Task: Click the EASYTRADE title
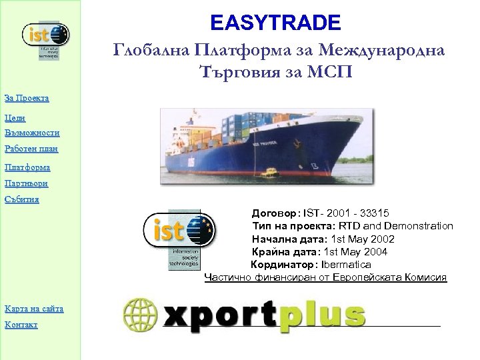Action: [275, 23]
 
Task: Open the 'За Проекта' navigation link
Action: [26, 99]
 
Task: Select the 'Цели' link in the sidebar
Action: [15, 117]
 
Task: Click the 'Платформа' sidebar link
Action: [27, 167]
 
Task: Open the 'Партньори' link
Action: [27, 183]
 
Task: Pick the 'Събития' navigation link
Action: [22, 199]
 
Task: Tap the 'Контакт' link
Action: [21, 325]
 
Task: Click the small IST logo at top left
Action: [45, 39]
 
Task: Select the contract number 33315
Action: [375, 214]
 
